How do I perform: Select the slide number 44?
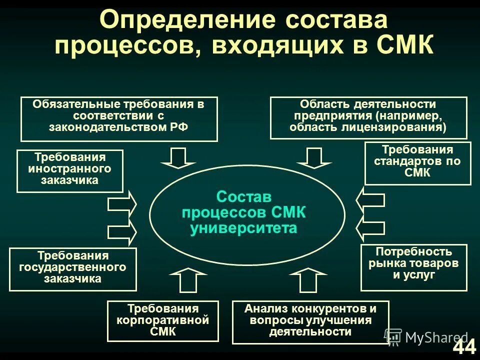(x=464, y=347)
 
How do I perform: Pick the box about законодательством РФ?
(x=119, y=119)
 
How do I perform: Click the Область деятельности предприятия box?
(x=368, y=118)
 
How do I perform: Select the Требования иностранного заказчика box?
(x=70, y=171)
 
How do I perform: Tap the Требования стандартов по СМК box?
(x=417, y=163)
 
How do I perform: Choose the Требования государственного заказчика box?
(x=73, y=269)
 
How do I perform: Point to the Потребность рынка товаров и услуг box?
(x=413, y=267)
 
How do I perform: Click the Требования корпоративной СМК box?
(x=163, y=321)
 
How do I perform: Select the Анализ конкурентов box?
(x=310, y=322)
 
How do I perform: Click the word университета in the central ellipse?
(x=243, y=228)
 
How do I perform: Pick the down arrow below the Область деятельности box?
(x=314, y=157)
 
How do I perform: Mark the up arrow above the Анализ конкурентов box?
(x=307, y=280)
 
